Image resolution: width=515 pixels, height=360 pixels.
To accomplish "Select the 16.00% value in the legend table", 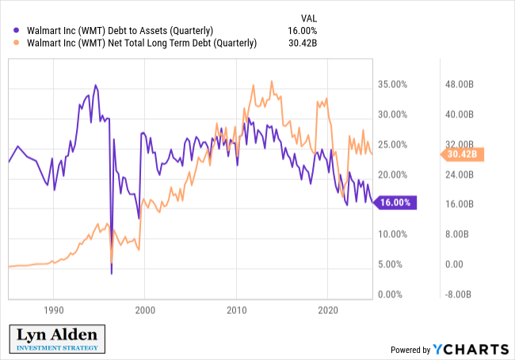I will coord(301,30).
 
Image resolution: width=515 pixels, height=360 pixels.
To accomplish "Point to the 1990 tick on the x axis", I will coord(53,311).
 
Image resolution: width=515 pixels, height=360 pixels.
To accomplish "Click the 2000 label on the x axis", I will coord(145,311).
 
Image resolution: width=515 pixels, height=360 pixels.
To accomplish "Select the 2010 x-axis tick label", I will coord(236,311).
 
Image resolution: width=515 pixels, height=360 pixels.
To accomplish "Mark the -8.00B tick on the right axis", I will coord(460,295).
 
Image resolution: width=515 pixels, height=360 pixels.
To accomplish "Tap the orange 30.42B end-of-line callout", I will coord(460,154).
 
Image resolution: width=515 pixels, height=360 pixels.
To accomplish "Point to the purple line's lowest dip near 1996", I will coord(112,274).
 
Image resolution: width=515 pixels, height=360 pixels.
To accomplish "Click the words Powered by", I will coord(409,350).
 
